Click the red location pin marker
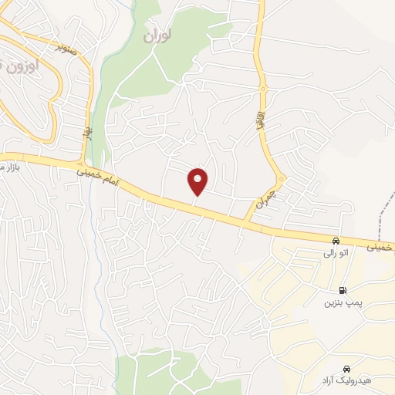198,182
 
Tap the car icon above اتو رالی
336,240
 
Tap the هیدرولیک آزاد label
349,381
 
